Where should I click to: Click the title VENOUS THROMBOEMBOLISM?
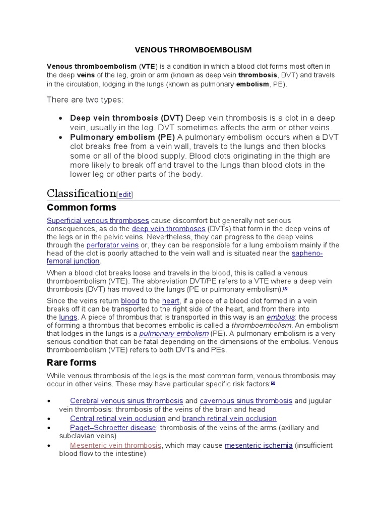[x=193, y=50]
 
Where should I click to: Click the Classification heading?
[x=81, y=193]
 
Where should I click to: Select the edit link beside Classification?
[x=124, y=195]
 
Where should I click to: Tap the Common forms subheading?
[x=81, y=208]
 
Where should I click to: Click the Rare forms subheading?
[x=71, y=363]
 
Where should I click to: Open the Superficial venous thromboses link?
[x=98, y=221]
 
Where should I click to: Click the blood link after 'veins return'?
[x=130, y=300]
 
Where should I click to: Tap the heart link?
[x=170, y=300]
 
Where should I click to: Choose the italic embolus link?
[x=280, y=317]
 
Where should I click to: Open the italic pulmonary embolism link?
[x=174, y=334]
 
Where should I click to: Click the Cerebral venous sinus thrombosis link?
[x=126, y=401]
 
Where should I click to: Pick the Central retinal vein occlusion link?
[x=118, y=419]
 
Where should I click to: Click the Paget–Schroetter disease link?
[x=113, y=428]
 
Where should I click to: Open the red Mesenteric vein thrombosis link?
[x=116, y=445]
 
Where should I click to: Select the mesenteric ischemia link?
[x=259, y=445]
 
